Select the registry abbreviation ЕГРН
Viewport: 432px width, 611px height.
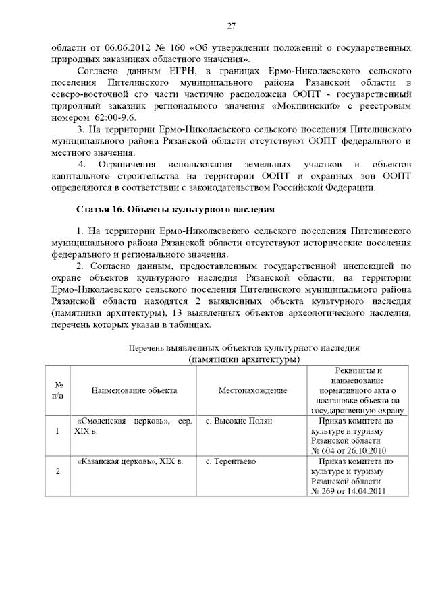[173, 72]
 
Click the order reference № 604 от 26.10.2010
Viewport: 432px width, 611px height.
[349, 450]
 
